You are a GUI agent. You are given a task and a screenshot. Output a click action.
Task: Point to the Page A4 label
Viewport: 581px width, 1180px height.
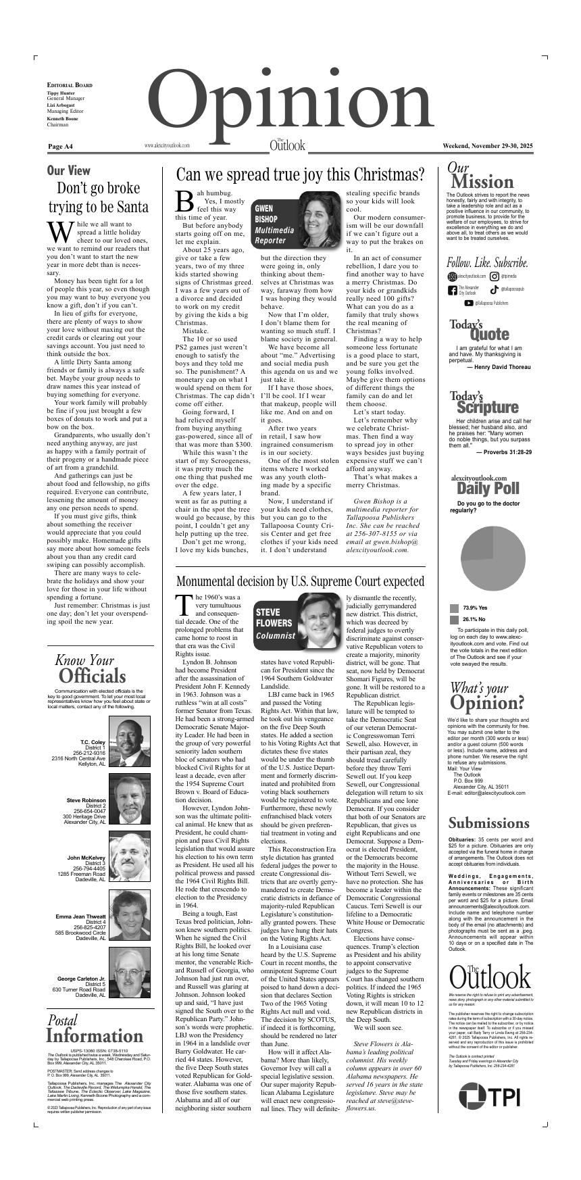60,146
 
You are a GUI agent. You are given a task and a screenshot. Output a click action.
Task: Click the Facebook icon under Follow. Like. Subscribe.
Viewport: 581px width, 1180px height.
453,290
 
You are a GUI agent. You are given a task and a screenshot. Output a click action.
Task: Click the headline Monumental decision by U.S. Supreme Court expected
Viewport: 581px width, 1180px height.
300,581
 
